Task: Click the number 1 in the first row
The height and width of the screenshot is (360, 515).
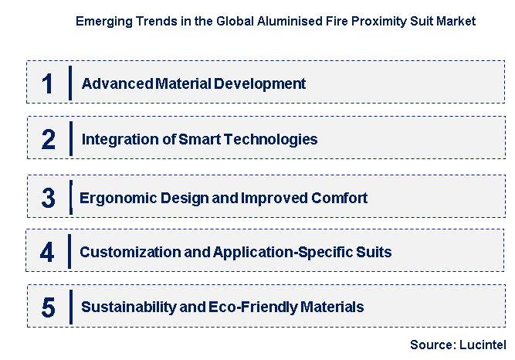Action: tap(47, 83)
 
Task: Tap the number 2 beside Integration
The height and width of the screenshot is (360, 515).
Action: tap(49, 139)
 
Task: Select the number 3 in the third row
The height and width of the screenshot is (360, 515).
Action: tap(49, 198)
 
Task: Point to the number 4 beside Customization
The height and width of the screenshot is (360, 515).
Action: tap(47, 252)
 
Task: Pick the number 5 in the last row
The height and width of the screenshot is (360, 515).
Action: tap(49, 307)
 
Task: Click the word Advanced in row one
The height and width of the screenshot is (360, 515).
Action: tap(117, 83)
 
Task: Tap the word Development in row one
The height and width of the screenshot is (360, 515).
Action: tap(259, 84)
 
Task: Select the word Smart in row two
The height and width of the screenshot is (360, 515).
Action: tap(200, 139)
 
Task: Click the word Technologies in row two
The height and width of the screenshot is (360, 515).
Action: tap(271, 140)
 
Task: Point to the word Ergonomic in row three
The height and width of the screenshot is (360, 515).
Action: tap(118, 199)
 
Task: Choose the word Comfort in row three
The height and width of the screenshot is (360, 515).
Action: tap(339, 198)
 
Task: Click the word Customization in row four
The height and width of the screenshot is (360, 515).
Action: tap(130, 252)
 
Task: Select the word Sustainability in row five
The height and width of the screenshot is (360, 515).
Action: tap(129, 307)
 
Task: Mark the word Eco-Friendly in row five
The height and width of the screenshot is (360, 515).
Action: tap(252, 307)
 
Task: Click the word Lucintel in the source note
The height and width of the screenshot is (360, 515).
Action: tap(483, 345)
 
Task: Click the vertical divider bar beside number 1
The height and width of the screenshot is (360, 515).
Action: tap(70, 83)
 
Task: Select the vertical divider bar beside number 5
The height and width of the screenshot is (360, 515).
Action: tap(71, 307)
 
